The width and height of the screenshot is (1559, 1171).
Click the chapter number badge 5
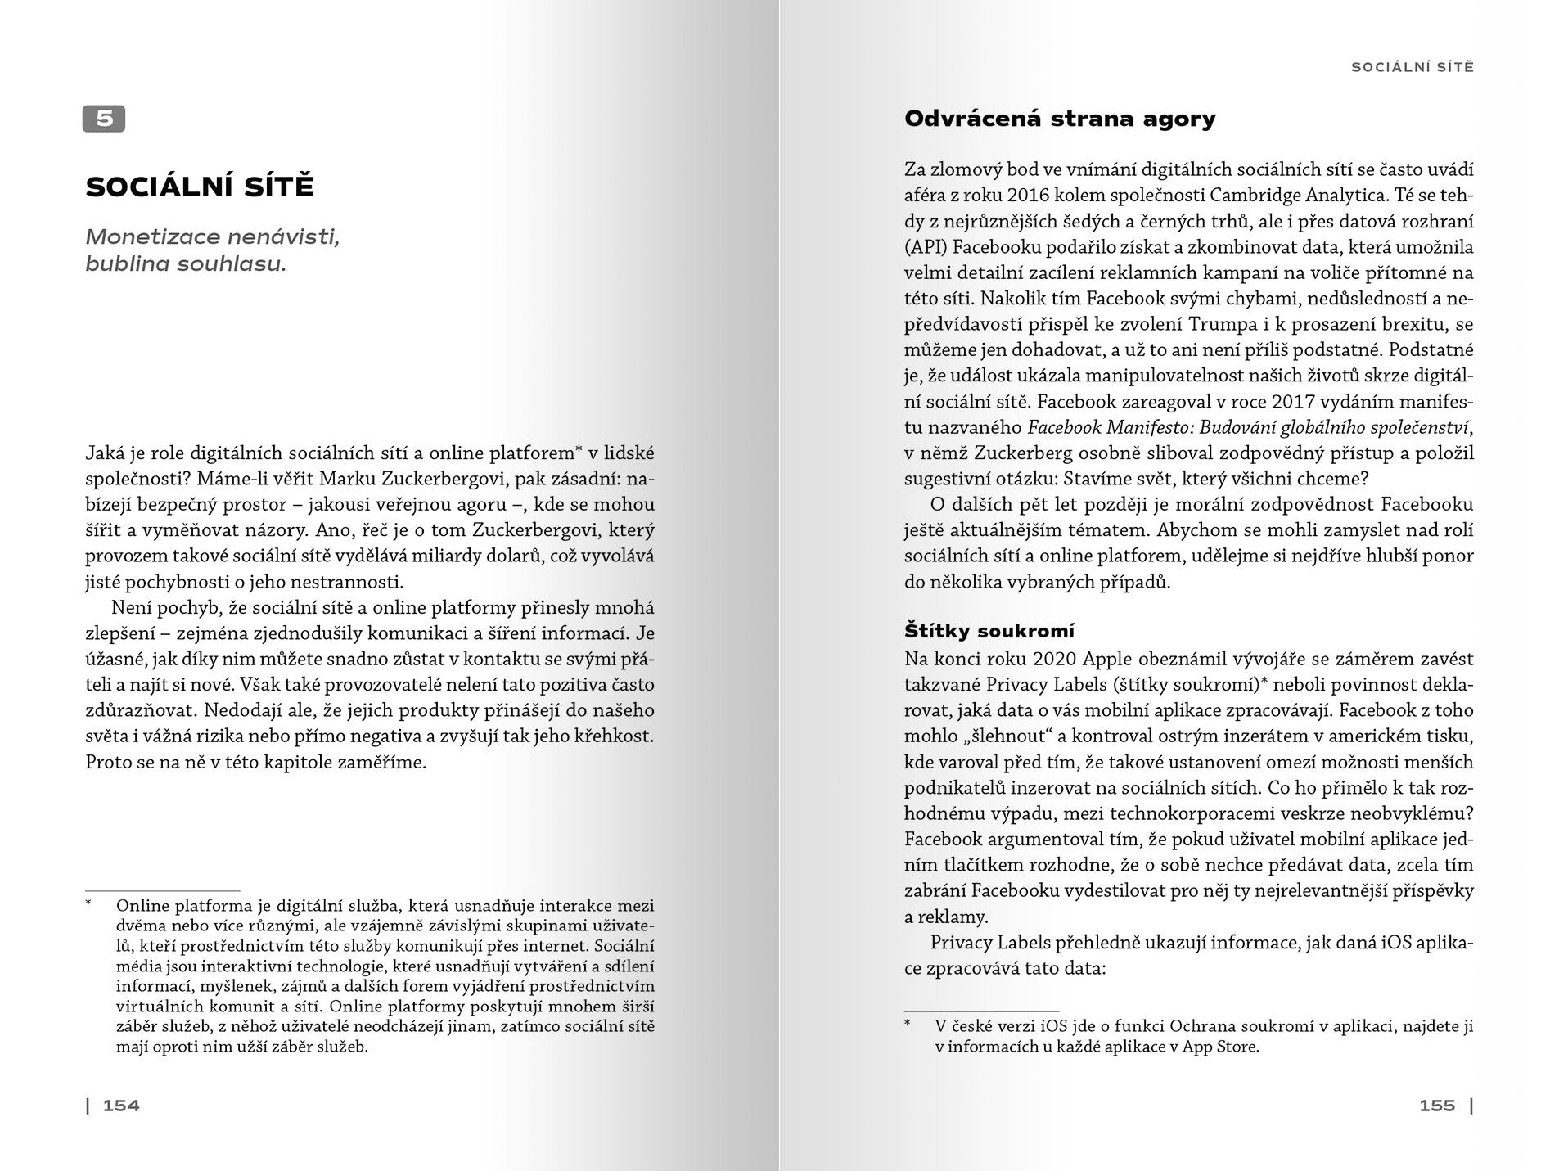(x=104, y=119)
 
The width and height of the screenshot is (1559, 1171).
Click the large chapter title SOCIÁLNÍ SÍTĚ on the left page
(x=200, y=187)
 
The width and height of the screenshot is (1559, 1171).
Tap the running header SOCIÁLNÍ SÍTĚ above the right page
(x=1412, y=67)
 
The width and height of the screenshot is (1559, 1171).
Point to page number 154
(x=121, y=1106)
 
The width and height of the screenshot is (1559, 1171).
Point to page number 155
(x=1437, y=1106)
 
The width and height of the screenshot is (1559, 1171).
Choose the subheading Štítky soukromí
(x=989, y=631)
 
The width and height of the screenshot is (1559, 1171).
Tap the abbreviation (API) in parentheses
(x=926, y=247)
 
